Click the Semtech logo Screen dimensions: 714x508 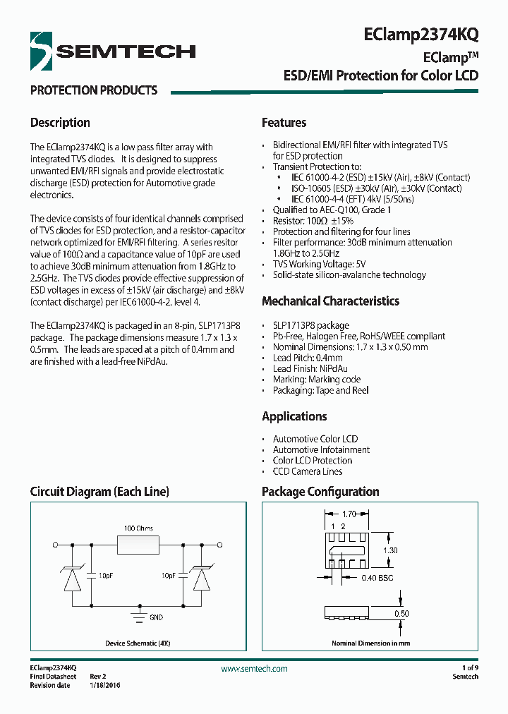coord(113,51)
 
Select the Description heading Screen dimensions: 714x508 coord(60,123)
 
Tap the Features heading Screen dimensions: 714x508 coord(284,123)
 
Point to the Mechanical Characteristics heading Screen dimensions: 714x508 coord(330,301)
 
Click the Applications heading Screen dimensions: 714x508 coord(294,416)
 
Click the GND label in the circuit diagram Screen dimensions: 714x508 coord(156,617)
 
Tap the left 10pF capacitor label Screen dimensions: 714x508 coord(106,576)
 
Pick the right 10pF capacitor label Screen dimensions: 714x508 coord(168,576)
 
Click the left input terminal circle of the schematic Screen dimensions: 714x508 coord(56,545)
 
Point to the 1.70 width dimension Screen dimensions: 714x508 coord(348,515)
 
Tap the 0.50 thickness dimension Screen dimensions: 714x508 coord(401,614)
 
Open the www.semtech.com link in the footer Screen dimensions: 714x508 coord(254,669)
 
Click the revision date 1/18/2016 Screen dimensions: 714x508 coord(104,685)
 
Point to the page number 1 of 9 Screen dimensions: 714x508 coord(469,667)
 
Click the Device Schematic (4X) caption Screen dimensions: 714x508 coord(138,643)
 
